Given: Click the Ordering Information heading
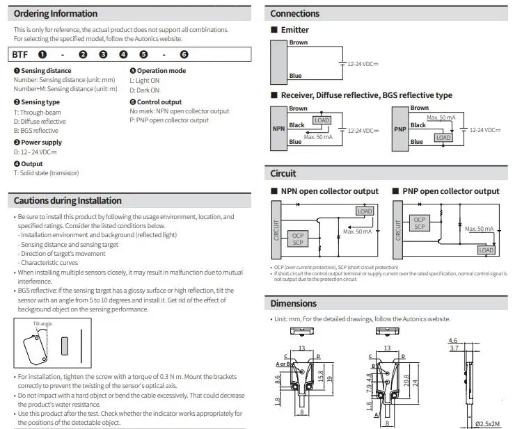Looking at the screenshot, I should tap(56, 13).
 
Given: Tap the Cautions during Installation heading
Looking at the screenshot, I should tap(68, 200).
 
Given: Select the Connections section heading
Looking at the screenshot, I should tap(294, 13).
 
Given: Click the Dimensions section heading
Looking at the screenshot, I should tap(293, 303).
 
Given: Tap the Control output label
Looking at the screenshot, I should tap(159, 102).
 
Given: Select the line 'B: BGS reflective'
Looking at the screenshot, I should tap(36, 131).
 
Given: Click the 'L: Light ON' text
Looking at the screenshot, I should tap(145, 80).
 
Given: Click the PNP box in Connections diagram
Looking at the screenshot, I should tap(400, 129).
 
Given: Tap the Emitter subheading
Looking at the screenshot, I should tap(294, 30).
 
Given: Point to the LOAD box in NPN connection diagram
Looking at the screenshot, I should tap(322, 120).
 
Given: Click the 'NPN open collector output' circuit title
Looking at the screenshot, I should tap(329, 191).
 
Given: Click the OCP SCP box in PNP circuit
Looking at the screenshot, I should tap(420, 222).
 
